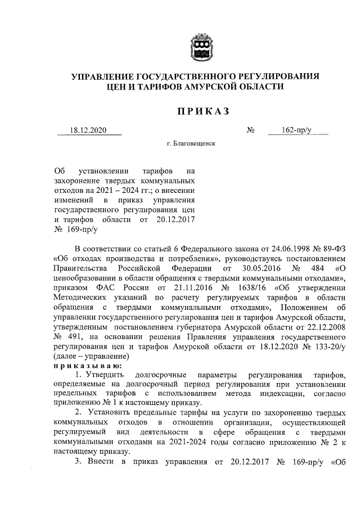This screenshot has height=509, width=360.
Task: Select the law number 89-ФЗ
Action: tap(334, 249)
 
